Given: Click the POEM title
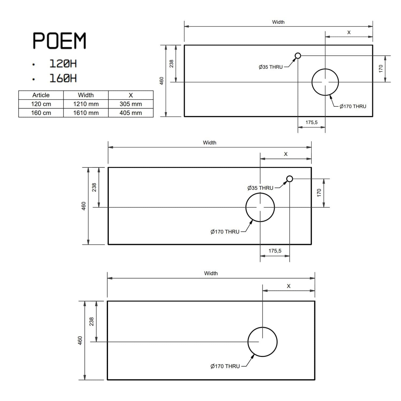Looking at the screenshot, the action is pyautogui.click(x=59, y=41).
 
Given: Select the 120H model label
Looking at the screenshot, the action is pyautogui.click(x=63, y=64).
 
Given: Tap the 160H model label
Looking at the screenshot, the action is pyautogui.click(x=63, y=78).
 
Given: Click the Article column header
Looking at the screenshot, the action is pyautogui.click(x=41, y=95).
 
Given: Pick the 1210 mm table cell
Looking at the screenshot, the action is pyautogui.click(x=86, y=104).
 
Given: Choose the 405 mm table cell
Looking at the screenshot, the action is pyautogui.click(x=131, y=113).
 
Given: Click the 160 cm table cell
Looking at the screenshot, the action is pyautogui.click(x=41, y=113).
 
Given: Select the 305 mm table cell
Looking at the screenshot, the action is pyautogui.click(x=131, y=104).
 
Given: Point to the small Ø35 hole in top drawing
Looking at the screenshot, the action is pyautogui.click(x=298, y=56).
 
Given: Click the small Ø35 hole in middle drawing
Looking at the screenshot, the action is pyautogui.click(x=290, y=179).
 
